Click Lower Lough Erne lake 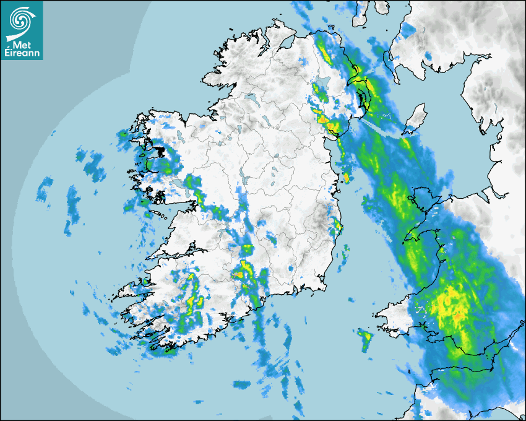coord(252,98)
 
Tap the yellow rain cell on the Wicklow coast coord(337,225)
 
